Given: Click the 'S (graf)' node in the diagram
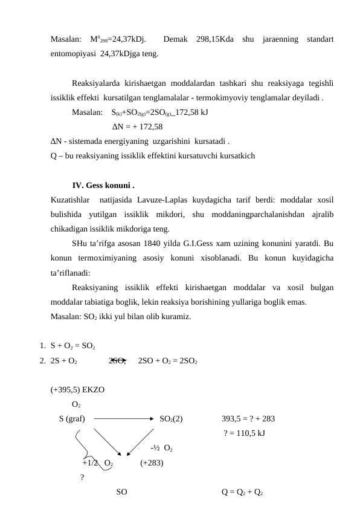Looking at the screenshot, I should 72,418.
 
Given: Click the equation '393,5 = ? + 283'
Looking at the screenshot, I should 248,418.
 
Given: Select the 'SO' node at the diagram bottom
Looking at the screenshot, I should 121,491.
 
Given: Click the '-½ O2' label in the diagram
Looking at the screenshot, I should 163,449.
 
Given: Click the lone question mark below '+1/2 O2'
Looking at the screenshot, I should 82,478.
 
